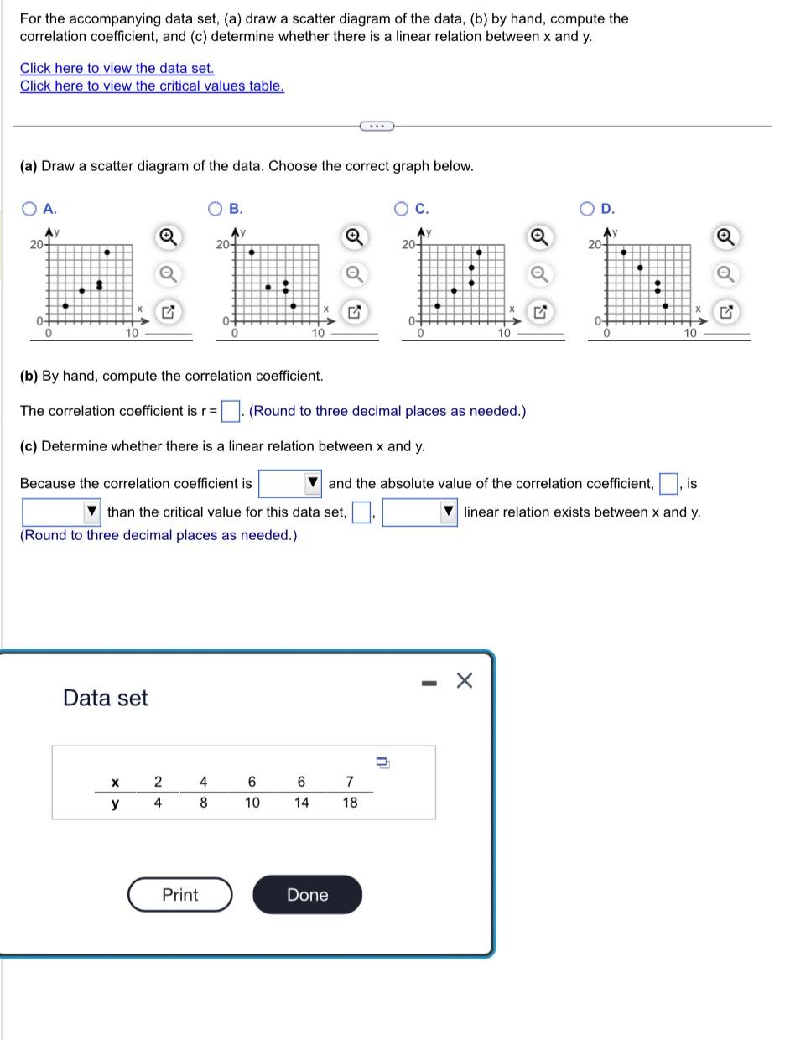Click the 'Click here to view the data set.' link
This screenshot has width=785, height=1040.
[117, 68]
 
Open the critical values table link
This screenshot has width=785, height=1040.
[152, 86]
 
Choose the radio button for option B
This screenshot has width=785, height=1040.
[216, 209]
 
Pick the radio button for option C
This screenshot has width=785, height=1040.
[403, 209]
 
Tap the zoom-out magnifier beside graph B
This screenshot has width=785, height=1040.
[354, 274]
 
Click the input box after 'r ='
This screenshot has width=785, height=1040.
[230, 411]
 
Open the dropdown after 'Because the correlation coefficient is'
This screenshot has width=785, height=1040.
[290, 483]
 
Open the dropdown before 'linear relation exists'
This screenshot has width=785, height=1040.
[419, 512]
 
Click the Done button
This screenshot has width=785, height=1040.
[307, 895]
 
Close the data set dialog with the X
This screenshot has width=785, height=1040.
[464, 680]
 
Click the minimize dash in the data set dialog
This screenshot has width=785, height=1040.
[429, 683]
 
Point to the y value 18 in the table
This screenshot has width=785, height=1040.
[350, 803]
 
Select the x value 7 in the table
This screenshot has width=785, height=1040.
[350, 782]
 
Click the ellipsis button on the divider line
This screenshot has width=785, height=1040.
[376, 126]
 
